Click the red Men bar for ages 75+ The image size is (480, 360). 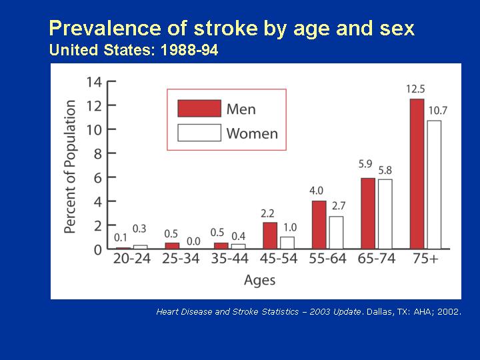click(417, 173)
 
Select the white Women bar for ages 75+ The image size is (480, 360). click(434, 185)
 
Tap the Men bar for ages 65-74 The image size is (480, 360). click(368, 213)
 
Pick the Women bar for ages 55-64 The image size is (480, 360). click(336, 233)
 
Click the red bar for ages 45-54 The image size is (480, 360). click(270, 236)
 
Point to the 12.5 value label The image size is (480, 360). click(416, 89)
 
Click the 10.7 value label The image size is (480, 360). click(438, 111)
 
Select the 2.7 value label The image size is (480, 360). click(339, 206)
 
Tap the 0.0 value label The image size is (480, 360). click(193, 241)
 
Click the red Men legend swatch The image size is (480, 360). click(199, 109)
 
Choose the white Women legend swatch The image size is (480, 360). click(199, 133)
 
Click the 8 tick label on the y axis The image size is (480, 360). click(97, 153)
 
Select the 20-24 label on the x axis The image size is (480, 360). click(131, 259)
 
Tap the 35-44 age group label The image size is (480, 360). click(229, 259)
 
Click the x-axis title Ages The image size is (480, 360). click(259, 280)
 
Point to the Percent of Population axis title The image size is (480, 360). click(70, 167)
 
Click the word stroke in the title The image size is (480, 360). click(226, 28)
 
